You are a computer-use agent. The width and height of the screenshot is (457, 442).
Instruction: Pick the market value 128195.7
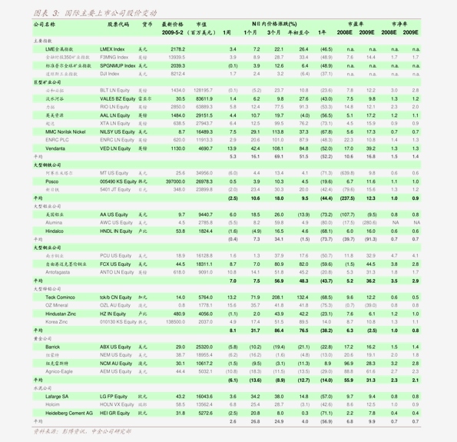tap(199, 90)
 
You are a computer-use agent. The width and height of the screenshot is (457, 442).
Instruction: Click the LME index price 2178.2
tap(177, 48)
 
